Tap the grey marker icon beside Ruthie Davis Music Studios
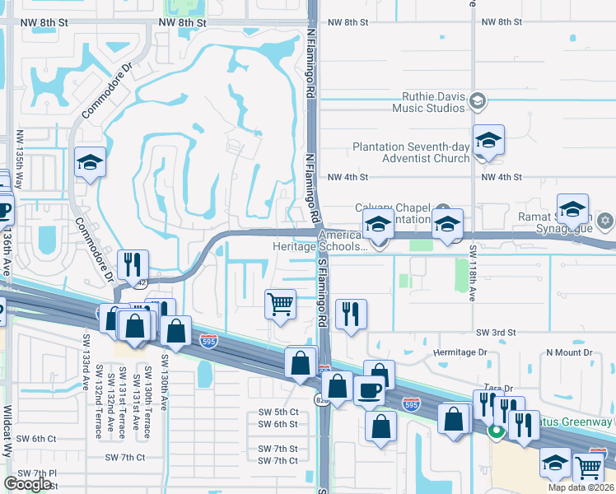(478, 101)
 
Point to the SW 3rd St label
(495, 332)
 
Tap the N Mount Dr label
(569, 352)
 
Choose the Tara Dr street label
(498, 389)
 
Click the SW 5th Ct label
(278, 412)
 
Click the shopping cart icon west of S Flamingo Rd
(280, 303)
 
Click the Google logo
(27, 484)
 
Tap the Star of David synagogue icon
(605, 221)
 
